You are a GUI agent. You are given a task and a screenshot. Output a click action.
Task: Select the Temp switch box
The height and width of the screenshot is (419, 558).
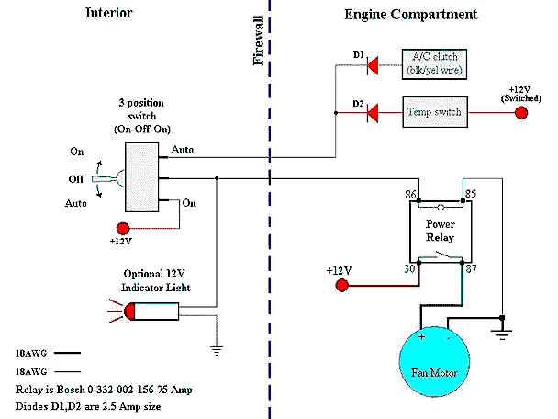tap(434, 112)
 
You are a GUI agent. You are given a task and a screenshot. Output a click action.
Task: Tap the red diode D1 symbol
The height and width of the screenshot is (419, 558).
tap(373, 64)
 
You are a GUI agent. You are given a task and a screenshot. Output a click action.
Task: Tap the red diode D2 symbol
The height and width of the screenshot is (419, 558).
tap(373, 113)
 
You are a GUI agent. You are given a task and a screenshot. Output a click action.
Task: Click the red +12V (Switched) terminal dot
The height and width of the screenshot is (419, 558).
tap(521, 113)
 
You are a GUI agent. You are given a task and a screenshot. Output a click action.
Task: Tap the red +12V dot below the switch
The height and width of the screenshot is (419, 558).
tap(121, 228)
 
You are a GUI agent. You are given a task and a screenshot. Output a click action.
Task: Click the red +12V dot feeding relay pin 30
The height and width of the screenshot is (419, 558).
tap(341, 286)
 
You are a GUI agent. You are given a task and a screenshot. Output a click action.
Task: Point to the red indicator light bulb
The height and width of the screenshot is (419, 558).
tap(128, 312)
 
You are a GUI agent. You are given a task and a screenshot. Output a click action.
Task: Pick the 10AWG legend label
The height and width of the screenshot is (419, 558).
tap(31, 353)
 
